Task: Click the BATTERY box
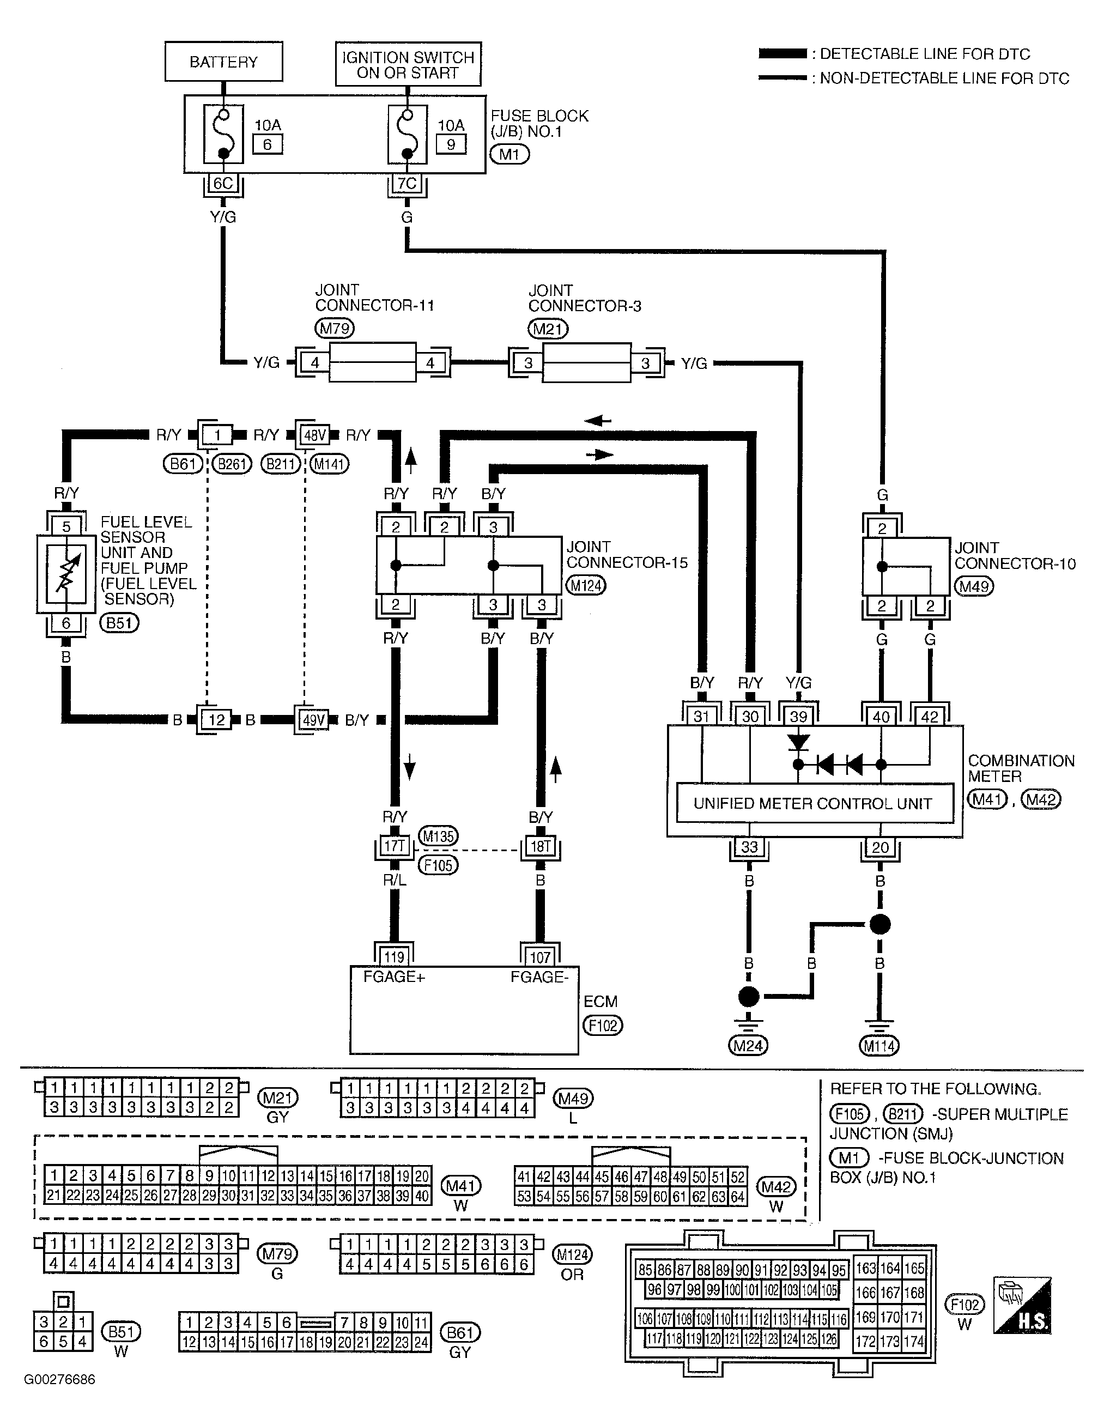coord(223,62)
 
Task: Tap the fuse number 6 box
coord(268,144)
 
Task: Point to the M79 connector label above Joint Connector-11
coord(335,328)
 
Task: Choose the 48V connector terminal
coord(314,434)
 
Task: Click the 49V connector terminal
coord(313,720)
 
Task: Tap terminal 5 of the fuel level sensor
coord(66,526)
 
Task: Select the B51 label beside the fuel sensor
coord(119,623)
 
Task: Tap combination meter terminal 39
coord(799,717)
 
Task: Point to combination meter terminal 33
coord(749,847)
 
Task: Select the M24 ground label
coord(748,1046)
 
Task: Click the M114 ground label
coord(879,1046)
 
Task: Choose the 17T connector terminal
coord(395,846)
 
